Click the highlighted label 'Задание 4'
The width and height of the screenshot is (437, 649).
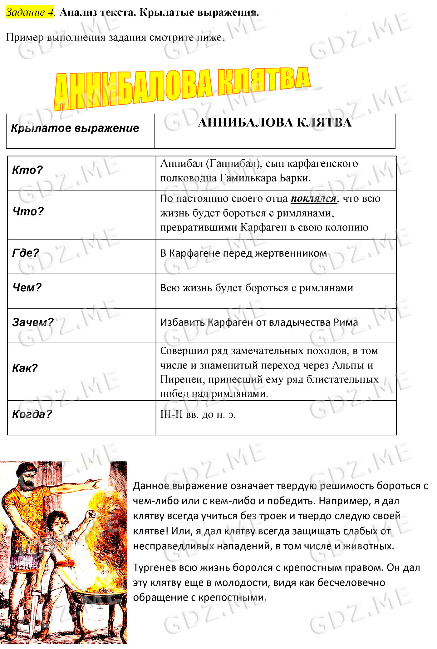(30, 12)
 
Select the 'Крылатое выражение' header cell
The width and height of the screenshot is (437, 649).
(75, 128)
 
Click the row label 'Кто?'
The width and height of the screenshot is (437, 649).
(27, 170)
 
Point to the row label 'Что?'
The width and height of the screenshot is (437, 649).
(28, 211)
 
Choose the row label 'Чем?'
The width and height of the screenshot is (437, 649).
(27, 288)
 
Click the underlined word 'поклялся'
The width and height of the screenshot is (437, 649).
(314, 199)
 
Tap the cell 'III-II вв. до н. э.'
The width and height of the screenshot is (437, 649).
(198, 414)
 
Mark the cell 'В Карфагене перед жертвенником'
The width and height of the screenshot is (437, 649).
(243, 253)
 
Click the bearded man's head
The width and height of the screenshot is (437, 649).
(26, 477)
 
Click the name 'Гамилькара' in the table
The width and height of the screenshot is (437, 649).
(248, 178)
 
